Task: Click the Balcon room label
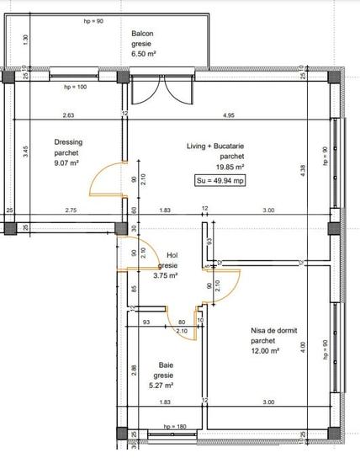[x=143, y=34]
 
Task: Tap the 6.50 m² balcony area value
[x=145, y=53]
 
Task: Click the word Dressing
[x=67, y=142]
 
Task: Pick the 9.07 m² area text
[x=66, y=163]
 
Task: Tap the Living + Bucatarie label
[x=215, y=146]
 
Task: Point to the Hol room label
[x=172, y=255]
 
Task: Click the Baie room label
[x=166, y=365]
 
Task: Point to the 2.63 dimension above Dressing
[x=68, y=115]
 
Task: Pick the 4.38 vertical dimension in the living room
[x=301, y=168]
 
